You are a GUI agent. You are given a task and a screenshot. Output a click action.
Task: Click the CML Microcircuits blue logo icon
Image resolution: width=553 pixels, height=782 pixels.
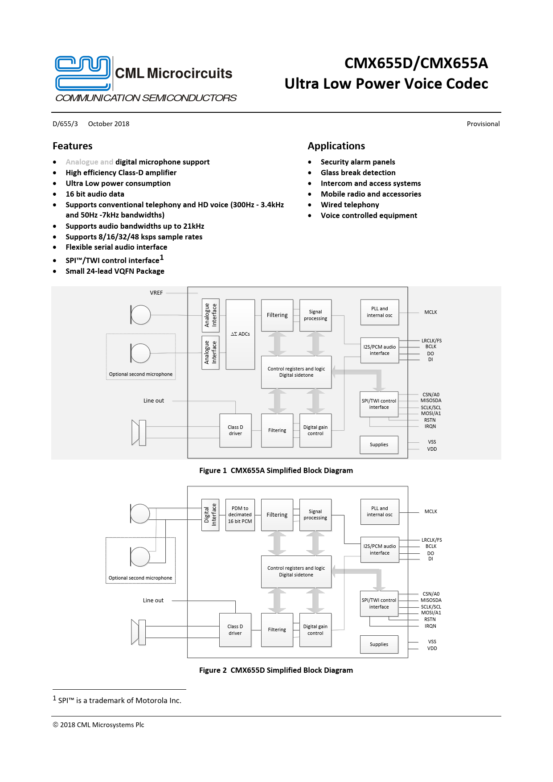click(x=83, y=73)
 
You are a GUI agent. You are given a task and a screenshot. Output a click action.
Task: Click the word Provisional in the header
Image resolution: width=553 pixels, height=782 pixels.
click(x=483, y=124)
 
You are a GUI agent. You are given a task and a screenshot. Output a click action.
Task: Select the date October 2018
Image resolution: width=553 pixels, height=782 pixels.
click(x=109, y=124)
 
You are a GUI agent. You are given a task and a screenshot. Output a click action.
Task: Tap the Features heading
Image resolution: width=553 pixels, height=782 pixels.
click(x=73, y=146)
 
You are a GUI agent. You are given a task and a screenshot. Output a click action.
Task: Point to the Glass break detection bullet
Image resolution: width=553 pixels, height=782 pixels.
click(x=358, y=173)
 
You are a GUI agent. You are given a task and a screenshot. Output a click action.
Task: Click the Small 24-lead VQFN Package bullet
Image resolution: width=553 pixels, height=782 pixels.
click(x=115, y=271)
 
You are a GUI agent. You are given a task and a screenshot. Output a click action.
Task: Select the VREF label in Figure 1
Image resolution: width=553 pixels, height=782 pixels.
click(x=156, y=293)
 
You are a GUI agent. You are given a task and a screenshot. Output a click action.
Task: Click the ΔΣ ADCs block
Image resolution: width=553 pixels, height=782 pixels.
click(x=240, y=334)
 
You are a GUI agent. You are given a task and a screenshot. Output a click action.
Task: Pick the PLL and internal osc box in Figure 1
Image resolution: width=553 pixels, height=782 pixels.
click(x=379, y=312)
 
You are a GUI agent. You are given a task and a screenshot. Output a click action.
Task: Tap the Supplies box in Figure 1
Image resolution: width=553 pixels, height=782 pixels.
click(x=379, y=445)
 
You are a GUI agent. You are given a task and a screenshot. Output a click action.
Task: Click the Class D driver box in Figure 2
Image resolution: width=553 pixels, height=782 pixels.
click(x=235, y=630)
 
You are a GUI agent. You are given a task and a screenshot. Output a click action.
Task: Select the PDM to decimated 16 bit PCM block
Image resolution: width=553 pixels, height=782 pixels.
click(x=240, y=514)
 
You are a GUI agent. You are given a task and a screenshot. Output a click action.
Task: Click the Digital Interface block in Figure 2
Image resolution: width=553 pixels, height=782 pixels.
click(x=210, y=514)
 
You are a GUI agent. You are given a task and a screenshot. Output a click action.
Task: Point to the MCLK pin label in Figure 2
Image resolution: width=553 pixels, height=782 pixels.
click(x=430, y=511)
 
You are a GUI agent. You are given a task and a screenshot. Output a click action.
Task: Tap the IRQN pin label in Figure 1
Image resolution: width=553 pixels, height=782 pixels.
click(x=430, y=426)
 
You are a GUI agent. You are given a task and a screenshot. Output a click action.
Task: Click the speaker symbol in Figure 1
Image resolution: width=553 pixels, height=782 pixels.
click(x=139, y=432)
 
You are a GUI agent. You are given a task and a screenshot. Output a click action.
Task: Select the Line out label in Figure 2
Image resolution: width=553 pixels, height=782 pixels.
click(x=153, y=601)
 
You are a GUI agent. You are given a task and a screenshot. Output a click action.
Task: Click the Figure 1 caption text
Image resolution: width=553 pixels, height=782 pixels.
click(x=276, y=470)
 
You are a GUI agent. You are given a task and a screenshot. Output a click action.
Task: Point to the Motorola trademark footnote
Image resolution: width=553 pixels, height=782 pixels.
click(x=119, y=700)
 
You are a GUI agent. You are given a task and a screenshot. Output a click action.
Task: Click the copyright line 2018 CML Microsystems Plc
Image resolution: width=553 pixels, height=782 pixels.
click(x=98, y=725)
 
